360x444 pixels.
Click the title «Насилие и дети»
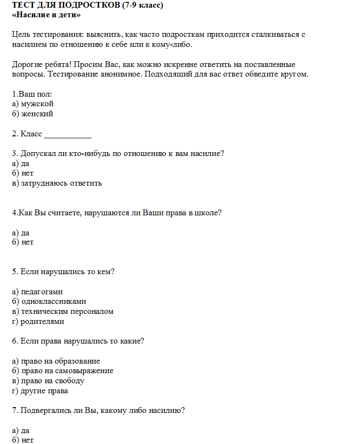pos(46,15)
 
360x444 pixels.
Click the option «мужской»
pos(37,104)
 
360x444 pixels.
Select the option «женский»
pos(37,114)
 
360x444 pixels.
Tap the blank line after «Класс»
pos(67,134)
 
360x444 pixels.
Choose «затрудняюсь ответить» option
pos(61,183)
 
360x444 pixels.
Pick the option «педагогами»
pos(42,291)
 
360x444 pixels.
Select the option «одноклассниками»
pos(53,301)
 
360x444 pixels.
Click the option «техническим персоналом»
pos(67,311)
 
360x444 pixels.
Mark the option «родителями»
pos(42,322)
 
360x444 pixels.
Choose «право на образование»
pos(60,361)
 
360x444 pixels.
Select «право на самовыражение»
pos(67,371)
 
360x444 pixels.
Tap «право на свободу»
pos(52,381)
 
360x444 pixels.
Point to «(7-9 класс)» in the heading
pos(138,5)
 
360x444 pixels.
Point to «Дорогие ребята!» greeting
pos(42,65)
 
